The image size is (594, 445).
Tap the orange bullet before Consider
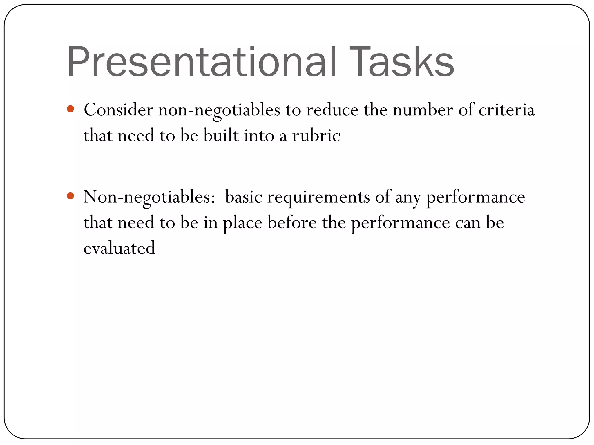[x=70, y=109]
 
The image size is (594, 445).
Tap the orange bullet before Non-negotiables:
[x=70, y=196]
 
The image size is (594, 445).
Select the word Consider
[x=118, y=110]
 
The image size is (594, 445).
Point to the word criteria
[x=506, y=110]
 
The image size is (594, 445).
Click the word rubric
[x=316, y=136]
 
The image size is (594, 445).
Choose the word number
[x=423, y=110]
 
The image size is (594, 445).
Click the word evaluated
[x=119, y=248]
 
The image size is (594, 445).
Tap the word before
[x=292, y=222]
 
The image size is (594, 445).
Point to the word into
[x=259, y=136]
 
